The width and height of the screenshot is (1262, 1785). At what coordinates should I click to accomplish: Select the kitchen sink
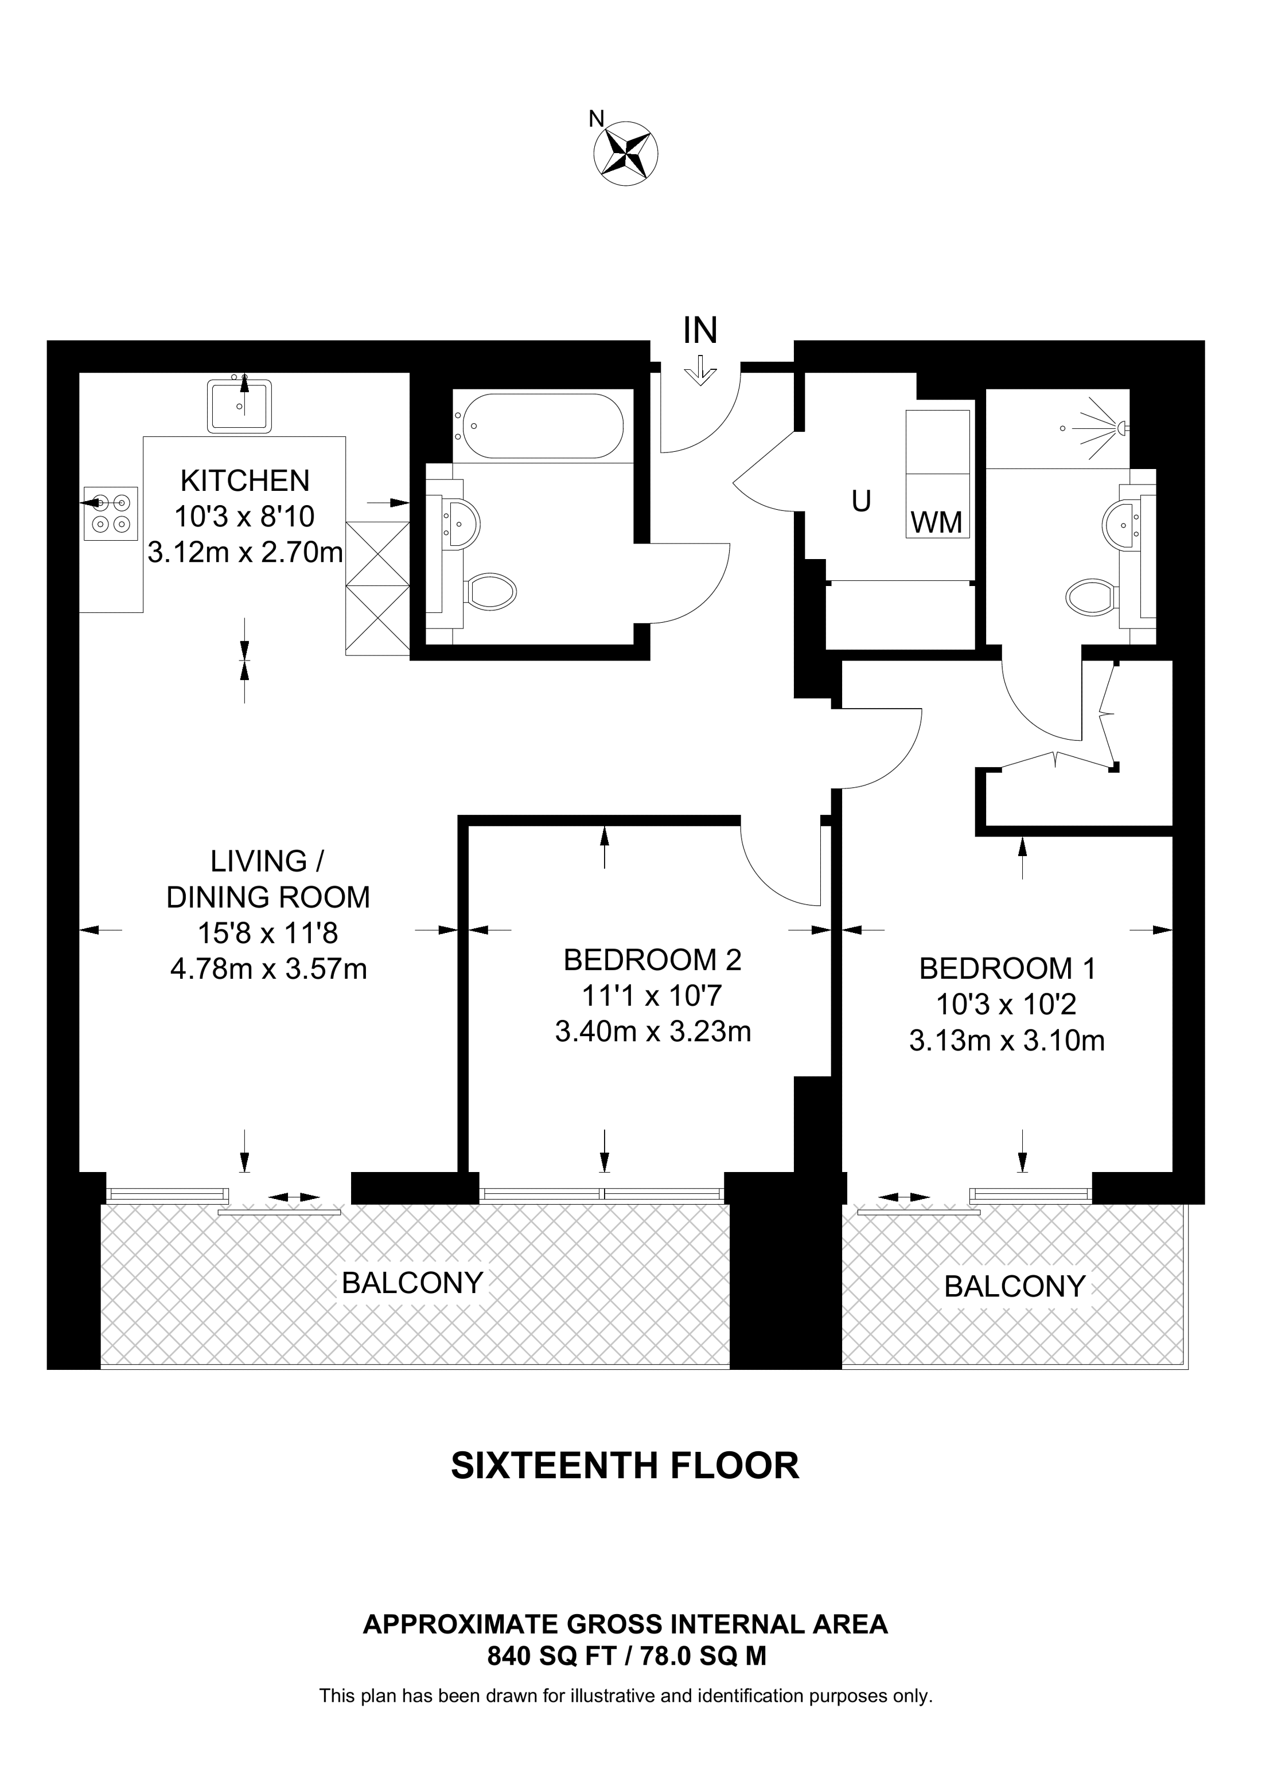[239, 405]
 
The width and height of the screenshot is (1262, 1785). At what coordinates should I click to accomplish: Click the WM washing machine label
[936, 522]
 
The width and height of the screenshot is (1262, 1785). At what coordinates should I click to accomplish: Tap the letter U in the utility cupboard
[861, 502]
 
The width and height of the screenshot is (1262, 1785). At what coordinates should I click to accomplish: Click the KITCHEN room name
[245, 481]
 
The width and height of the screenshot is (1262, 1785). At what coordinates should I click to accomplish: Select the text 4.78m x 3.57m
[268, 968]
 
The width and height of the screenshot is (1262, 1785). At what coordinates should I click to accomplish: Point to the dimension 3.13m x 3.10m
[1007, 1040]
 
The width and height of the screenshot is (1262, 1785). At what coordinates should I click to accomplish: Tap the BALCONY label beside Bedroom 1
[1015, 1287]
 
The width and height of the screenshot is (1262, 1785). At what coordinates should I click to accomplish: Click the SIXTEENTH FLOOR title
[625, 1466]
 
